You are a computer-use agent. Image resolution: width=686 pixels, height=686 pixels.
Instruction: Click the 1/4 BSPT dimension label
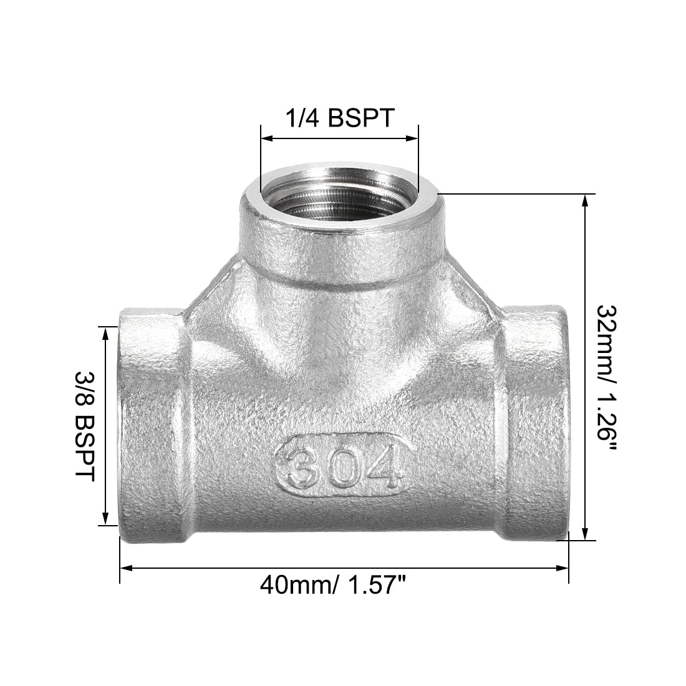pos(340,117)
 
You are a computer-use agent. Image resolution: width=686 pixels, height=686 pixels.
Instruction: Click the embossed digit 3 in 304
pos(302,467)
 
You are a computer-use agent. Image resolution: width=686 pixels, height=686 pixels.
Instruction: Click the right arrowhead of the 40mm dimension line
pos(562,568)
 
